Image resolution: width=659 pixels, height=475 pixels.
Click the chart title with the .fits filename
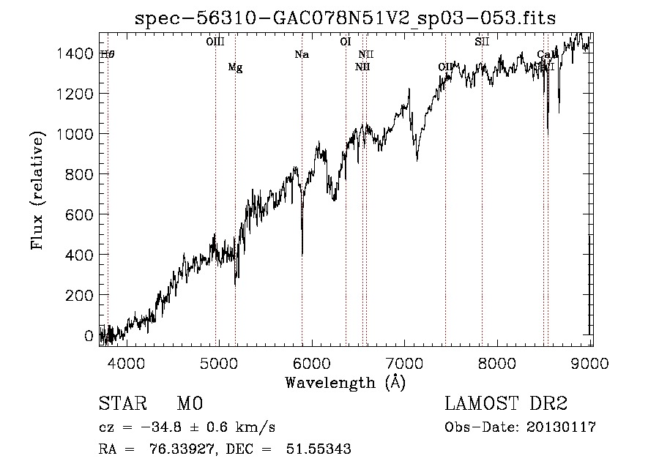tap(346, 18)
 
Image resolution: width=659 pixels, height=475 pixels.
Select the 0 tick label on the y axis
tap(89, 335)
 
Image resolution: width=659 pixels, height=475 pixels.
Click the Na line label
tap(302, 54)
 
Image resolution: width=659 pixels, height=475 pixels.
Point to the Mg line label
tap(235, 67)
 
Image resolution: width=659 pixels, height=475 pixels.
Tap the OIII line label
tap(215, 42)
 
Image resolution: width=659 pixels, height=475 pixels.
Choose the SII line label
tap(481, 42)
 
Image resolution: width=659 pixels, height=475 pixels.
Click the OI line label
tap(346, 42)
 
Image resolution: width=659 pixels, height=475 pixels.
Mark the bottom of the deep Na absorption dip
tap(302, 254)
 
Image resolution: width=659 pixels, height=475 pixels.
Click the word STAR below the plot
tap(122, 404)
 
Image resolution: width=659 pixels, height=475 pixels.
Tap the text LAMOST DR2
tap(506, 404)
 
